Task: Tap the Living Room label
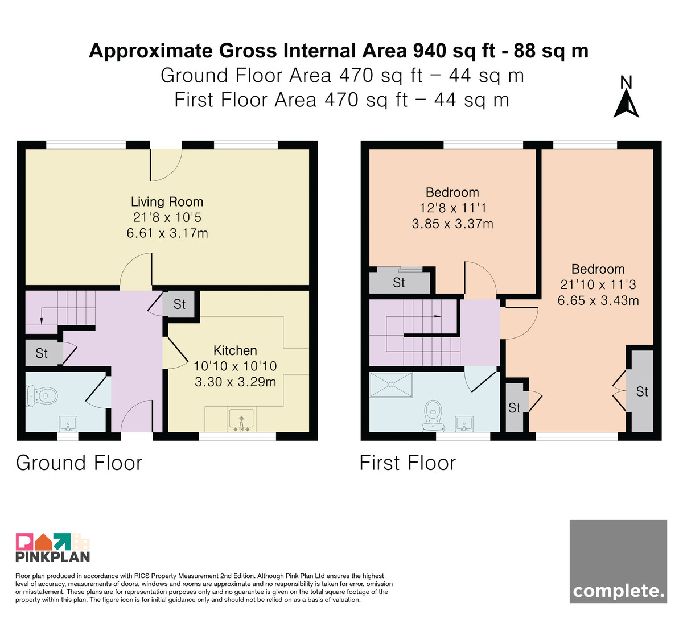click(x=167, y=201)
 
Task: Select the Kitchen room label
click(x=235, y=350)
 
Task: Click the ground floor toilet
click(x=42, y=395)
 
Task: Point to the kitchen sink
click(x=242, y=420)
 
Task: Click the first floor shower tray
click(x=391, y=385)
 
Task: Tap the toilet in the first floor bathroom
click(x=433, y=416)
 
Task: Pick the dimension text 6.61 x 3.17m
click(x=167, y=233)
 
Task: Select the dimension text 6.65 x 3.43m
click(x=598, y=300)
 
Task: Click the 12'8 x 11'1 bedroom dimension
click(x=452, y=208)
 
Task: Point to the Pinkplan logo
click(x=53, y=548)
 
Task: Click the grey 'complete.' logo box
click(x=618, y=561)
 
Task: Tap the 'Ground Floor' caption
click(x=79, y=463)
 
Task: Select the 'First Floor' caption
click(x=408, y=463)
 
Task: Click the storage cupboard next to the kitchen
click(x=179, y=304)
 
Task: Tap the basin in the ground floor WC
click(x=68, y=424)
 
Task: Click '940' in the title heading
click(x=429, y=51)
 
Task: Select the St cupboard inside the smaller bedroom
click(x=399, y=282)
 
